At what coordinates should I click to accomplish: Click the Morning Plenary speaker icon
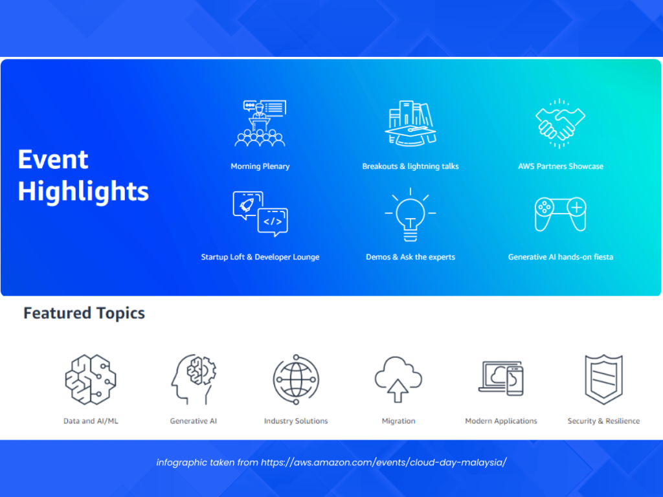[x=260, y=124]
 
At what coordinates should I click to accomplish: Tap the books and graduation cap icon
[x=410, y=124]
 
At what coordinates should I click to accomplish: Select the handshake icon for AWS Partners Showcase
[x=560, y=124]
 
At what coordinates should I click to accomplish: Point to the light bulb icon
[x=410, y=215]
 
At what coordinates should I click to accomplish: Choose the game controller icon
[x=560, y=214]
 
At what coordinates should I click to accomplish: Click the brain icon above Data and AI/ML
[x=91, y=379]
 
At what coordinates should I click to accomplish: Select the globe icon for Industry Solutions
[x=296, y=379]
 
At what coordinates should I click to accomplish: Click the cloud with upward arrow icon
[x=398, y=379]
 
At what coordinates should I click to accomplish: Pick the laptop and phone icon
[x=501, y=378]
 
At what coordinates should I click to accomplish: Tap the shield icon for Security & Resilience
[x=603, y=379]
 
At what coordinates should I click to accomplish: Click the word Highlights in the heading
[x=84, y=192]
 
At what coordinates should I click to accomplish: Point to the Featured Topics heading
[x=84, y=313]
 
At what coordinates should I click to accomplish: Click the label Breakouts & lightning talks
[x=410, y=166]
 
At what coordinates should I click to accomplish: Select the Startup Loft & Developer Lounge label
[x=260, y=257]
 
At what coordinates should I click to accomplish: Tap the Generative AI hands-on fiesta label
[x=561, y=257]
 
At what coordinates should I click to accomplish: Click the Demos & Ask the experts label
[x=410, y=257]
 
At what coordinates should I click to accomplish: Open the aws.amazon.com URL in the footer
[x=383, y=462]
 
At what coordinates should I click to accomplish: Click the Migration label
[x=398, y=421]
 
